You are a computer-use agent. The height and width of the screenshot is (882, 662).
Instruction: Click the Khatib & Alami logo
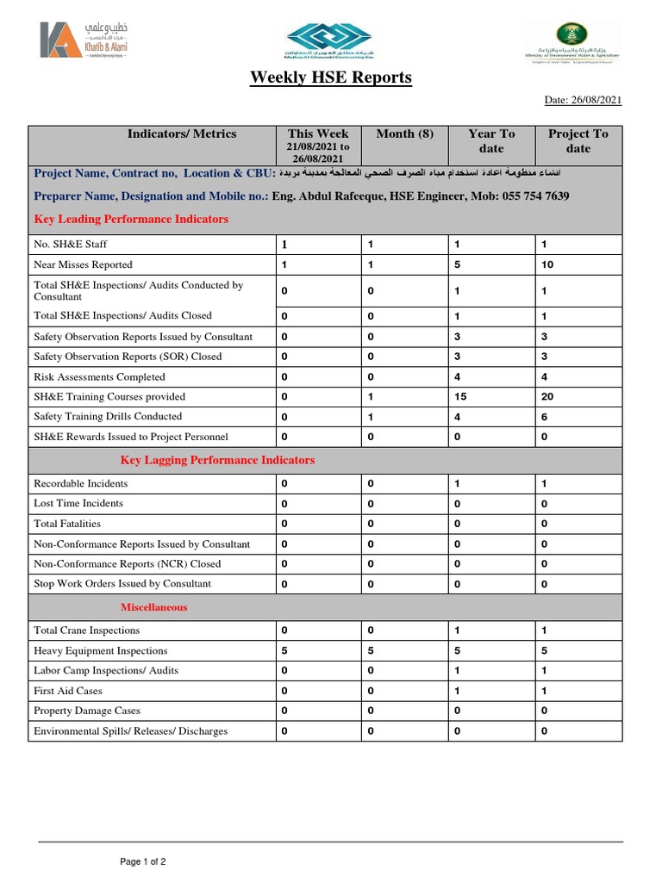tap(83, 41)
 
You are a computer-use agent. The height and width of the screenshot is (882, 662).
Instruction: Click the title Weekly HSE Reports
tap(331, 78)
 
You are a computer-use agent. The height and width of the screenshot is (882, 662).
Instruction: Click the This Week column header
tap(318, 134)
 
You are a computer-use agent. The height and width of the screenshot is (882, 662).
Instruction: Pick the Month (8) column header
tap(405, 134)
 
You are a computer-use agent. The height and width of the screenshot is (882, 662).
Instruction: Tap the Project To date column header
tap(578, 140)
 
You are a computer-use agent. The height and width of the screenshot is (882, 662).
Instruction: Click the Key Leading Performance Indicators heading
tap(131, 220)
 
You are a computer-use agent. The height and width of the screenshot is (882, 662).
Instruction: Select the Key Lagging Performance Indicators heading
tap(217, 460)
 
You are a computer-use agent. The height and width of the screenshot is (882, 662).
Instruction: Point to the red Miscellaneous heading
tap(153, 607)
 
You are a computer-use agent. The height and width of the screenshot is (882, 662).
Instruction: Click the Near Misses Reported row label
tap(83, 264)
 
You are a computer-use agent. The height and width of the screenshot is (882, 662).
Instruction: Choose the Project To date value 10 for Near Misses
tap(547, 264)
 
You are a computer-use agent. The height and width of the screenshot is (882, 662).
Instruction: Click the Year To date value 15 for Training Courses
tap(461, 397)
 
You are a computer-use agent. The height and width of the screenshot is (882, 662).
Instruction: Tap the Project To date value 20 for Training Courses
tap(547, 397)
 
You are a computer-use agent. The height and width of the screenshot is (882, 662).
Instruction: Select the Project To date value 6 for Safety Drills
tap(544, 417)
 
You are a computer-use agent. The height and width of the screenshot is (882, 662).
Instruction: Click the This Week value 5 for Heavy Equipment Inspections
tap(284, 651)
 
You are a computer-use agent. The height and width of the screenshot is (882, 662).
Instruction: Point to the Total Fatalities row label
tap(67, 524)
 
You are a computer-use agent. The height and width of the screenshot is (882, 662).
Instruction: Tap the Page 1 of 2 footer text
tap(143, 861)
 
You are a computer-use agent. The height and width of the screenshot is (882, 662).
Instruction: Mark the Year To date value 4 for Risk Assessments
tap(458, 377)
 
